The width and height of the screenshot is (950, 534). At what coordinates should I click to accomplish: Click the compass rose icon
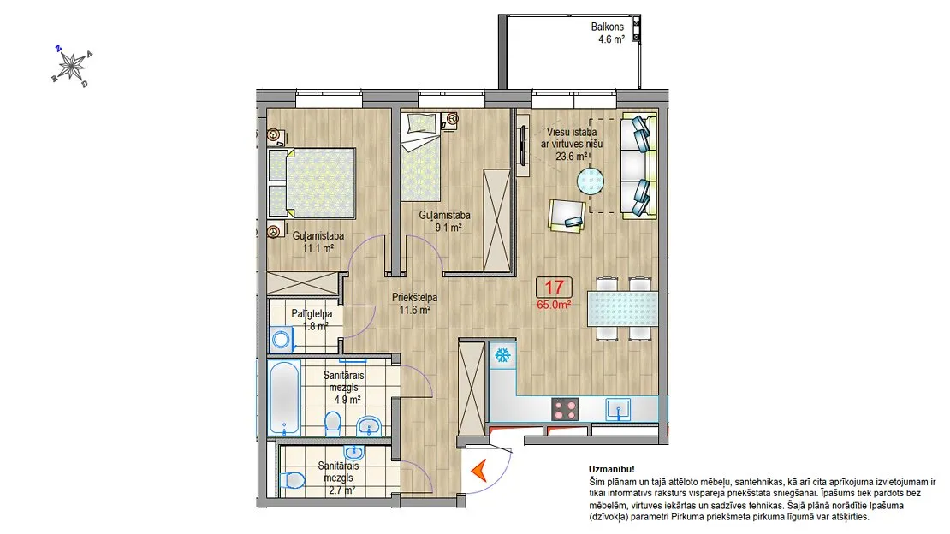73,66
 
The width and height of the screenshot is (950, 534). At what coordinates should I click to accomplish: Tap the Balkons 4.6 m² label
608,33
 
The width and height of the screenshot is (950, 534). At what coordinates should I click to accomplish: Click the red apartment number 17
554,287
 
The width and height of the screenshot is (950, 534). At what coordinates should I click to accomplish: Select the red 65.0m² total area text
554,305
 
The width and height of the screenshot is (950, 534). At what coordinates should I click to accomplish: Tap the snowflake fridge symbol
502,355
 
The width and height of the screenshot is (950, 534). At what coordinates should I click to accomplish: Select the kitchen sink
619,410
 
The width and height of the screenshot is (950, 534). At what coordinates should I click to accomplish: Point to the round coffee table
591,181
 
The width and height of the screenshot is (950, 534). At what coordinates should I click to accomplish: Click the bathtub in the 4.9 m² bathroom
284,398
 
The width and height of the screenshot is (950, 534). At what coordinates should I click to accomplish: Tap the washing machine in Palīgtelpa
282,340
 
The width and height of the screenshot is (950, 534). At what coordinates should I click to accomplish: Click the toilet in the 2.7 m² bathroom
294,481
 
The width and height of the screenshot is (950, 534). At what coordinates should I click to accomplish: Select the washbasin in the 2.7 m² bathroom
353,452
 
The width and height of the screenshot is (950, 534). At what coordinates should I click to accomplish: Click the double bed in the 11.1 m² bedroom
312,183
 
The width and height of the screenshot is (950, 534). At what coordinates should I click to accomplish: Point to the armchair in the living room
567,215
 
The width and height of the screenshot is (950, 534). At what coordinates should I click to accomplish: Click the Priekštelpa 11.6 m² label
414,304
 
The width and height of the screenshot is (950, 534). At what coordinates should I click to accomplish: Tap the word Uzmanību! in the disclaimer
612,469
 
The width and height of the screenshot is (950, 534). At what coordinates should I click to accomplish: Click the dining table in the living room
623,309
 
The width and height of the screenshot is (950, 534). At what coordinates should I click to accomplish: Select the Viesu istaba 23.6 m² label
572,145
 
